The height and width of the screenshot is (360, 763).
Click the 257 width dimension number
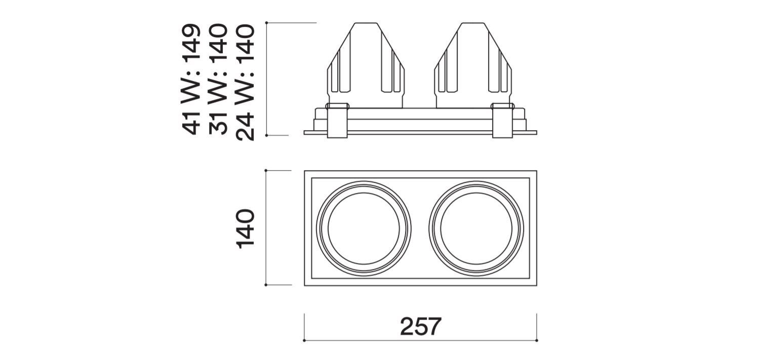pos(421,326)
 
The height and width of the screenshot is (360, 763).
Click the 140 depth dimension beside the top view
pos(245,228)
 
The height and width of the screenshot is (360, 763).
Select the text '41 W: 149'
pos(191,79)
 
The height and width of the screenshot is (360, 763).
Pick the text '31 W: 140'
pos(218,79)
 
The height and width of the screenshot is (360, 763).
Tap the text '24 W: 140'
pos(245,83)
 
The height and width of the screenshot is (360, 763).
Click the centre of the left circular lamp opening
pos(364,228)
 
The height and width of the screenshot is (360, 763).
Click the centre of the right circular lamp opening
pos(476,228)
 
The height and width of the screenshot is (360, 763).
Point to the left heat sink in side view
pos(366,65)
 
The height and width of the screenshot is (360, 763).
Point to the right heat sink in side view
pos(473,65)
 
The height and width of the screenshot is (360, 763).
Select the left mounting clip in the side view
pos(337,121)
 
